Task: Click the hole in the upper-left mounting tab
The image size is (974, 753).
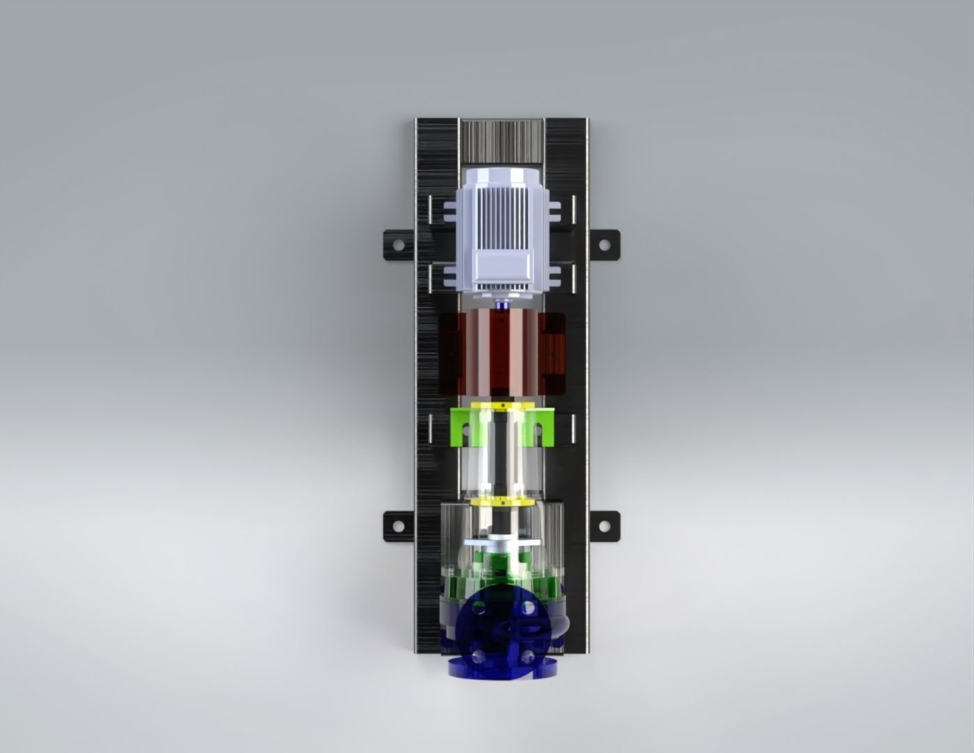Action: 398,245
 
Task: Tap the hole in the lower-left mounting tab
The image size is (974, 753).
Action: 398,525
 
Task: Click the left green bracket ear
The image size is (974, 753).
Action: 460,427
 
